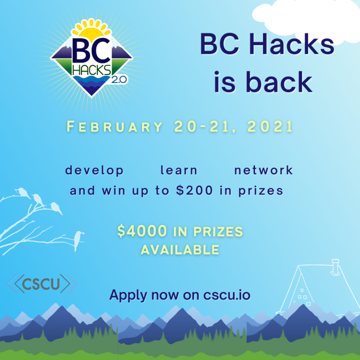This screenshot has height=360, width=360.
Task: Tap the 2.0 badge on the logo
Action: tap(119, 80)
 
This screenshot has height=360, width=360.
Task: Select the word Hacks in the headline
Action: tap(292, 45)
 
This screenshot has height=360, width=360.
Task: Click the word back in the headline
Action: tap(279, 82)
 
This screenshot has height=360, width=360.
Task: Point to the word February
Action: tap(114, 127)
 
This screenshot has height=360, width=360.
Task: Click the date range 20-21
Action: tap(202, 127)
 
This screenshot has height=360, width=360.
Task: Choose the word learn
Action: tap(179, 170)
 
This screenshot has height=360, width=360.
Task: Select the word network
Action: tap(263, 170)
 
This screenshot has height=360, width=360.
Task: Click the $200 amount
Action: tap(195, 191)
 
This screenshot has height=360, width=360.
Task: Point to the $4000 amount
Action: tap(142, 231)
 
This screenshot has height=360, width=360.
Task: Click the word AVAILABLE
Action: tap(180, 250)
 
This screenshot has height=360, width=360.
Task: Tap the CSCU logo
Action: tap(42, 284)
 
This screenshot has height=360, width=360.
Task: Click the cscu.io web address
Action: tap(226, 295)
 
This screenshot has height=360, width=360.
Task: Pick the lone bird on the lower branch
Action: tap(78, 241)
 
